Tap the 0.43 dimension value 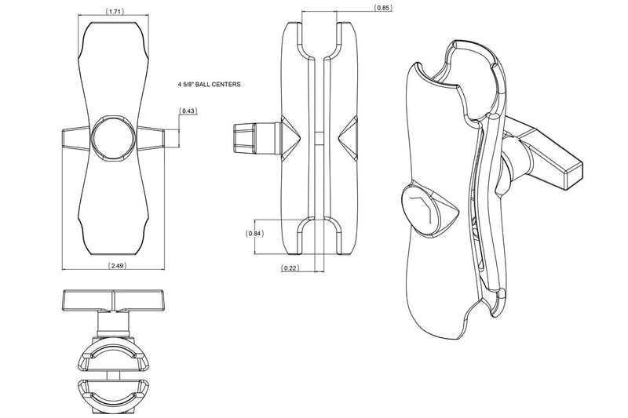pos(188,111)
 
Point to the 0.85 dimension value pos(382,8)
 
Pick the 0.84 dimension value pos(254,234)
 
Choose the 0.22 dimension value pos(290,268)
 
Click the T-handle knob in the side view pos(257,138)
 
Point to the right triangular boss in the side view pos(348,138)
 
